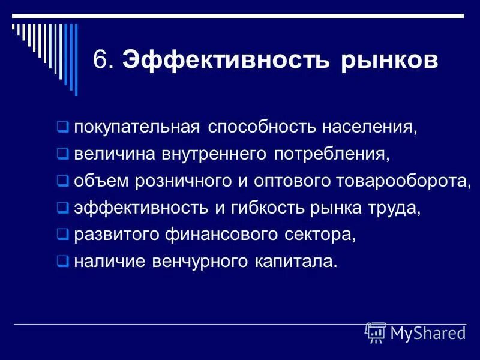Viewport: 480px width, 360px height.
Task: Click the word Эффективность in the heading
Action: tap(226, 61)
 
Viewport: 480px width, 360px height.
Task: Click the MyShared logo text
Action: tap(428, 333)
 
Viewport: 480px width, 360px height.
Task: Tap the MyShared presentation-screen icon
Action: tap(376, 332)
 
